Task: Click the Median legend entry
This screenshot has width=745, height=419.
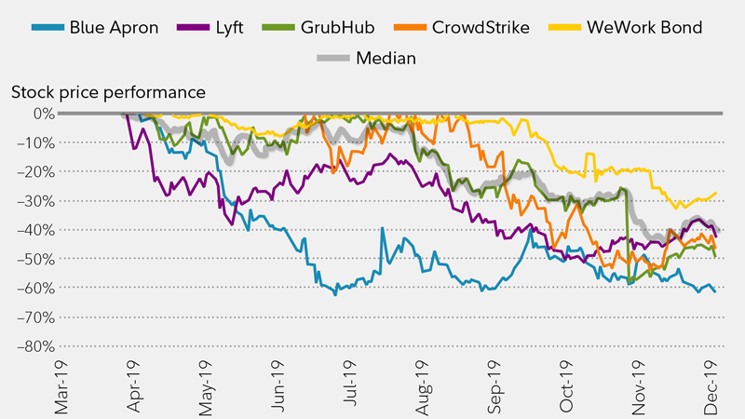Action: (x=386, y=58)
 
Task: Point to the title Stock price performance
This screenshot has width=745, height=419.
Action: (x=107, y=92)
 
